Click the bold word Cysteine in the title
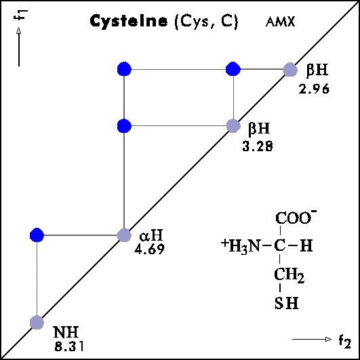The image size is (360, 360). tap(129, 21)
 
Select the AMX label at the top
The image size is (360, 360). tap(280, 22)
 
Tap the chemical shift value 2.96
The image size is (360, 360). tap(314, 89)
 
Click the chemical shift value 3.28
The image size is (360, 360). tap(258, 146)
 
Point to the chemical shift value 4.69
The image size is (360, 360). tap(149, 249)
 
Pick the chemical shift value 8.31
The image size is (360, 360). tap(69, 346)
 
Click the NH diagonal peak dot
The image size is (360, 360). tap(37, 322)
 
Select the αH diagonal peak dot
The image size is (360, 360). tap(124, 235)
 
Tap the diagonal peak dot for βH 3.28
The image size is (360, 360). tap(233, 126)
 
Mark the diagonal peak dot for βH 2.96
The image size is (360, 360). tap(290, 69)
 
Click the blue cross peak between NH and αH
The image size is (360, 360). tap(37, 235)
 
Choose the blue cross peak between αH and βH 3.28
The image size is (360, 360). tap(124, 126)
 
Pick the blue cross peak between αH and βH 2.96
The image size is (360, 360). tap(124, 68)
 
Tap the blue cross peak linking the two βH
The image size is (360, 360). tap(233, 68)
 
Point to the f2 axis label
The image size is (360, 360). tap(345, 341)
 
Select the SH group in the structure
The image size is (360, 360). tap(286, 303)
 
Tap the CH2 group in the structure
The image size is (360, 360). tap(289, 275)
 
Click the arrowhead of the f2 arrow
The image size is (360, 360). tap(329, 339)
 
